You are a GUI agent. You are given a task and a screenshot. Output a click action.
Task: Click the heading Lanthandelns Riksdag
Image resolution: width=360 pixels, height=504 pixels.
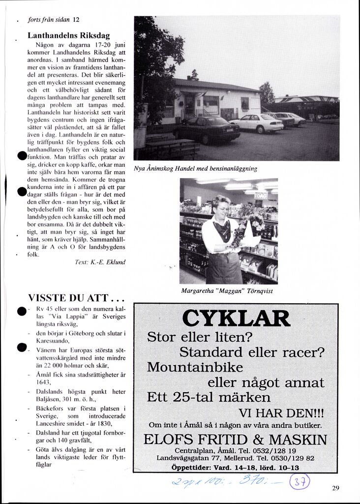pos(68,35)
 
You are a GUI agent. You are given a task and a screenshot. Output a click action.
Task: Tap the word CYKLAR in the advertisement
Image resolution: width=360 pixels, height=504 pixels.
pos(236,319)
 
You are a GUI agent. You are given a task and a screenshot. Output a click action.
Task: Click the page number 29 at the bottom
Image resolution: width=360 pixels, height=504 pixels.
pos(336,488)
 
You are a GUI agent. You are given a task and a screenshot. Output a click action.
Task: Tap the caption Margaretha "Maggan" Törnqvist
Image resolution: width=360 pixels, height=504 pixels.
pos(227,291)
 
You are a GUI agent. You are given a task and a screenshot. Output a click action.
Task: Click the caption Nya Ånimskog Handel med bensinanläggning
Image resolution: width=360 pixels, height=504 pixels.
pos(196,168)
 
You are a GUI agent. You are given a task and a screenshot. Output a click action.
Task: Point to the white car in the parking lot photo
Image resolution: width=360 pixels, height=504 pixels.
pos(257,123)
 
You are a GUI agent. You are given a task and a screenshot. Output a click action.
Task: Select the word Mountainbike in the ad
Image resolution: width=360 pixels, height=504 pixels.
pos(195,367)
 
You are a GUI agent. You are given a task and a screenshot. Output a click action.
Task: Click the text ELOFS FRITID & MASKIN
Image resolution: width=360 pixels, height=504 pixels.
pos(235,439)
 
